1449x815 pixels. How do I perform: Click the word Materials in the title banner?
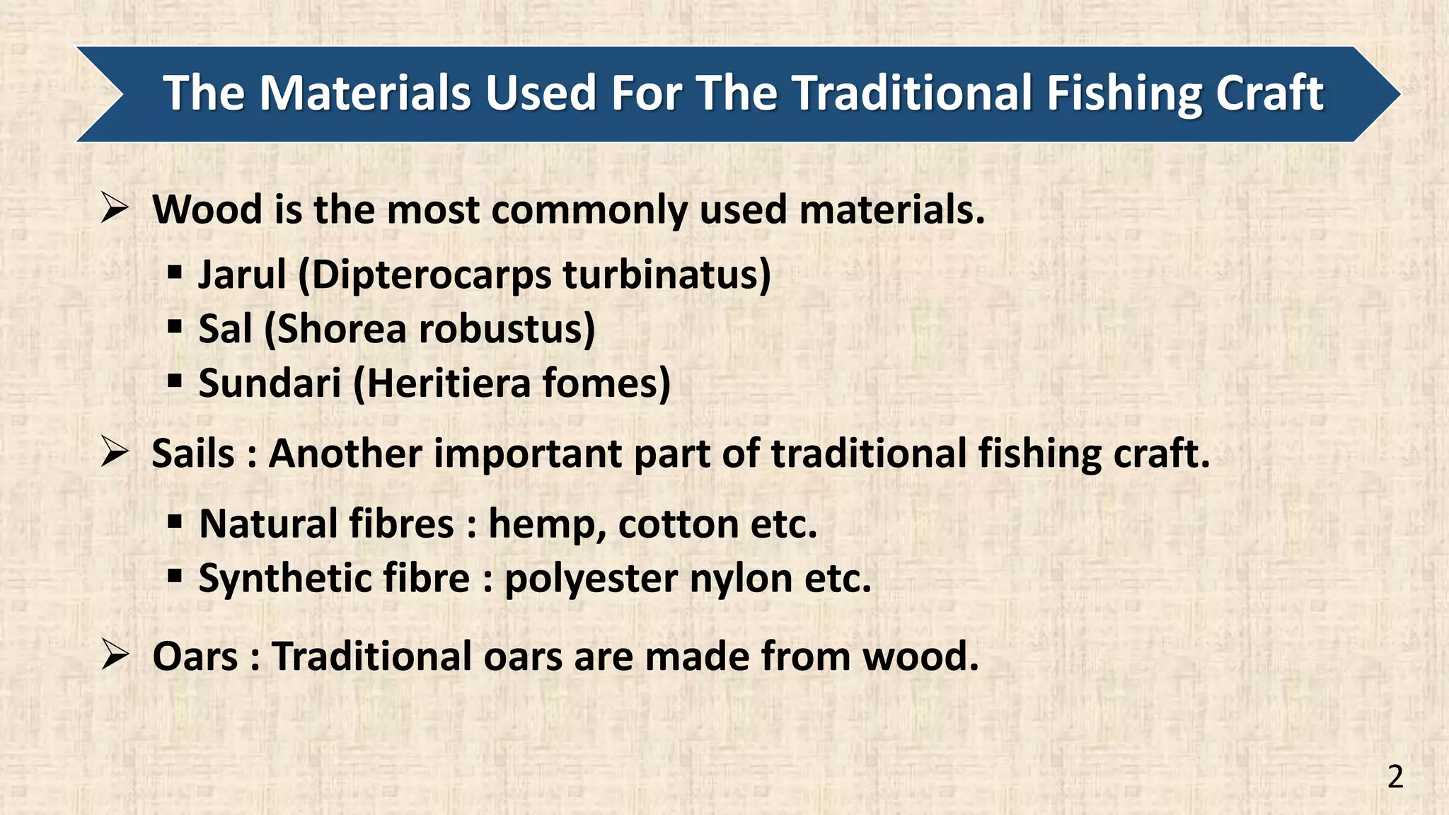(364, 93)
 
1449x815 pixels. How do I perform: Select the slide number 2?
(1395, 778)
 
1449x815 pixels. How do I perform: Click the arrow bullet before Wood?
(115, 209)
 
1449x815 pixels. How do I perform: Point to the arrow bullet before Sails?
(115, 452)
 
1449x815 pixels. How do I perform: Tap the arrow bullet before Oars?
(115, 655)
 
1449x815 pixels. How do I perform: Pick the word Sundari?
(270, 383)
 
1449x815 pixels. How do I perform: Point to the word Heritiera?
(449, 383)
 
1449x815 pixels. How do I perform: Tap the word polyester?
(591, 579)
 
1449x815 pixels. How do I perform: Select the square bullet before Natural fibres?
(175, 523)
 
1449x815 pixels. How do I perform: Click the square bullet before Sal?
(175, 327)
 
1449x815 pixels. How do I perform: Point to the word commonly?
(589, 210)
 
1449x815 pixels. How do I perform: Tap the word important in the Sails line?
(526, 453)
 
